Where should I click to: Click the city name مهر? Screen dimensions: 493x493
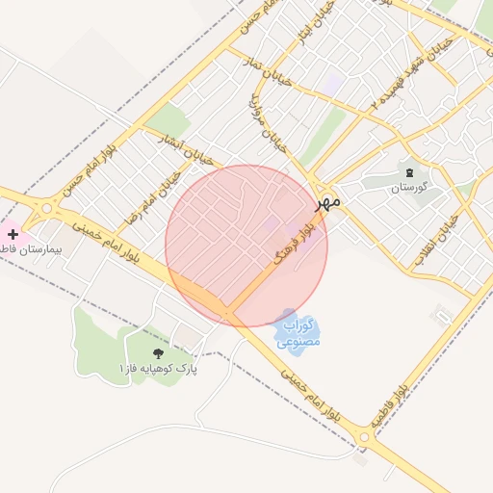(327, 203)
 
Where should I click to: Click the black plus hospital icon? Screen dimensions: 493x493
(13, 234)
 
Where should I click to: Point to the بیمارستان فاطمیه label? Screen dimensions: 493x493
(29, 248)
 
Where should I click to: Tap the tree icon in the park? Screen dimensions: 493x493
(158, 353)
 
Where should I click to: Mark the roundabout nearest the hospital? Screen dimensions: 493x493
(45, 208)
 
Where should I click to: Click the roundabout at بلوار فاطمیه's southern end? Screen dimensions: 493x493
(364, 438)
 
